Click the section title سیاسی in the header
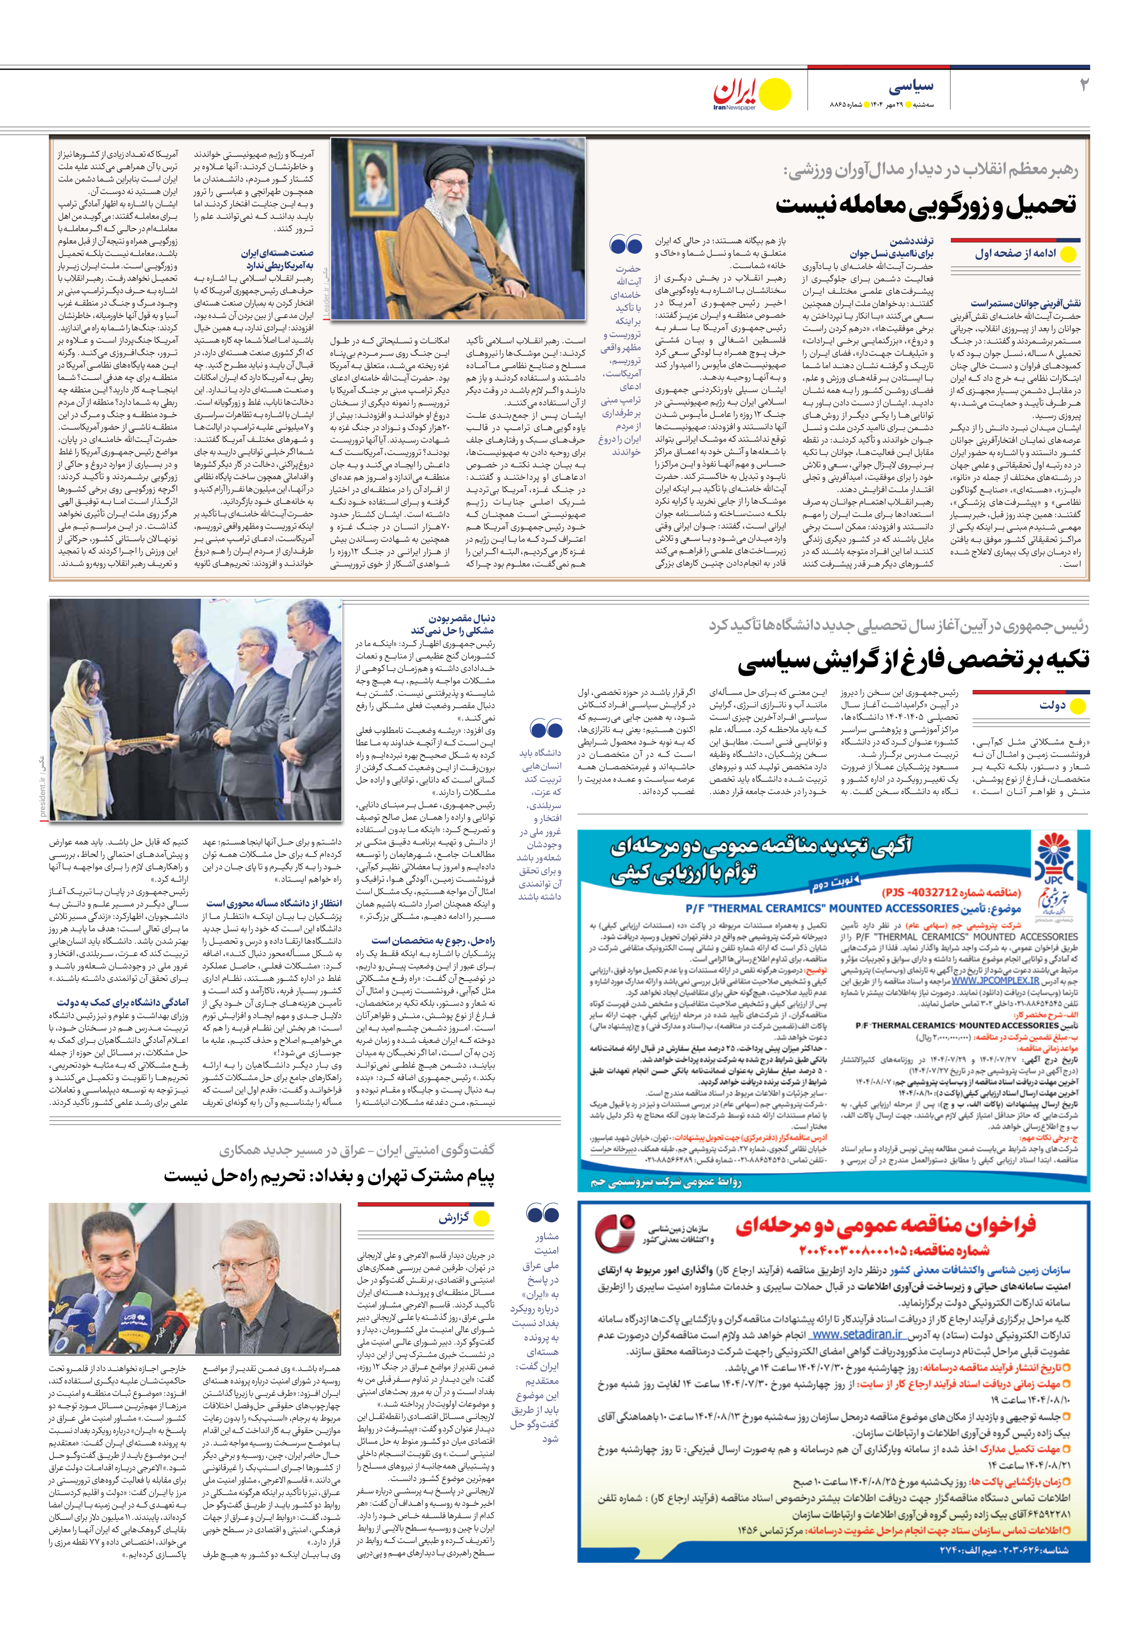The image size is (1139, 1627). [912, 87]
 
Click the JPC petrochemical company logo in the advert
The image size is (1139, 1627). [1055, 863]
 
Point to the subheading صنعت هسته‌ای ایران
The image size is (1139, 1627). [277, 253]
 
